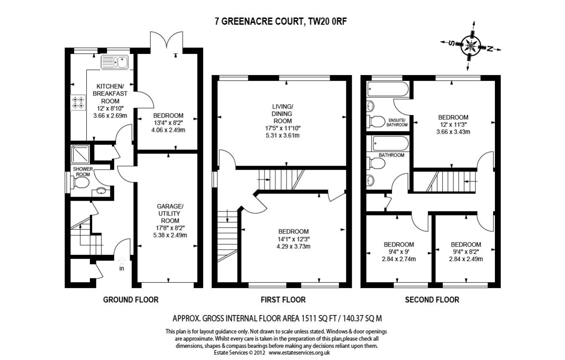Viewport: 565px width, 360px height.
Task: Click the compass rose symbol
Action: point(471,46)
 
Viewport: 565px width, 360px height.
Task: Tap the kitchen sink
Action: point(115,62)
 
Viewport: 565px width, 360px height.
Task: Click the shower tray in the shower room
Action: point(80,154)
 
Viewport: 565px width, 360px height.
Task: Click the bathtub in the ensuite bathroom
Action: point(388,89)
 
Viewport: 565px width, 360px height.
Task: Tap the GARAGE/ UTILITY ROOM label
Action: point(170,213)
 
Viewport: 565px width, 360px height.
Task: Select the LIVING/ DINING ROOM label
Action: point(282,114)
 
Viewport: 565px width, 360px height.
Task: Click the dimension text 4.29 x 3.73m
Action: point(293,246)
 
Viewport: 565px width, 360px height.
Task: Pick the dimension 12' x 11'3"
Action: point(453,124)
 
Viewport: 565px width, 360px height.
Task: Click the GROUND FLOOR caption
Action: point(131,300)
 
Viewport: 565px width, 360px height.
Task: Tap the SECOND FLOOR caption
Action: point(432,300)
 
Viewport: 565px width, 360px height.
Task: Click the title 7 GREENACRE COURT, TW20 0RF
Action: point(281,22)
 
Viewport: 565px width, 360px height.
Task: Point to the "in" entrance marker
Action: point(122,268)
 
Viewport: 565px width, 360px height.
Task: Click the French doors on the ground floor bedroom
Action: point(167,40)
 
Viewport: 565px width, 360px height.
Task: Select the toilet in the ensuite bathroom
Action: point(376,122)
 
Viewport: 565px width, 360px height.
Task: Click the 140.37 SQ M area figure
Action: point(362,318)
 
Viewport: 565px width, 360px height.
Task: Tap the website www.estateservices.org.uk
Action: point(299,353)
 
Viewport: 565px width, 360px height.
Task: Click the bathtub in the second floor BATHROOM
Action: point(390,144)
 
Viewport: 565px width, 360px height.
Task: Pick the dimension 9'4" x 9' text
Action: point(399,252)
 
